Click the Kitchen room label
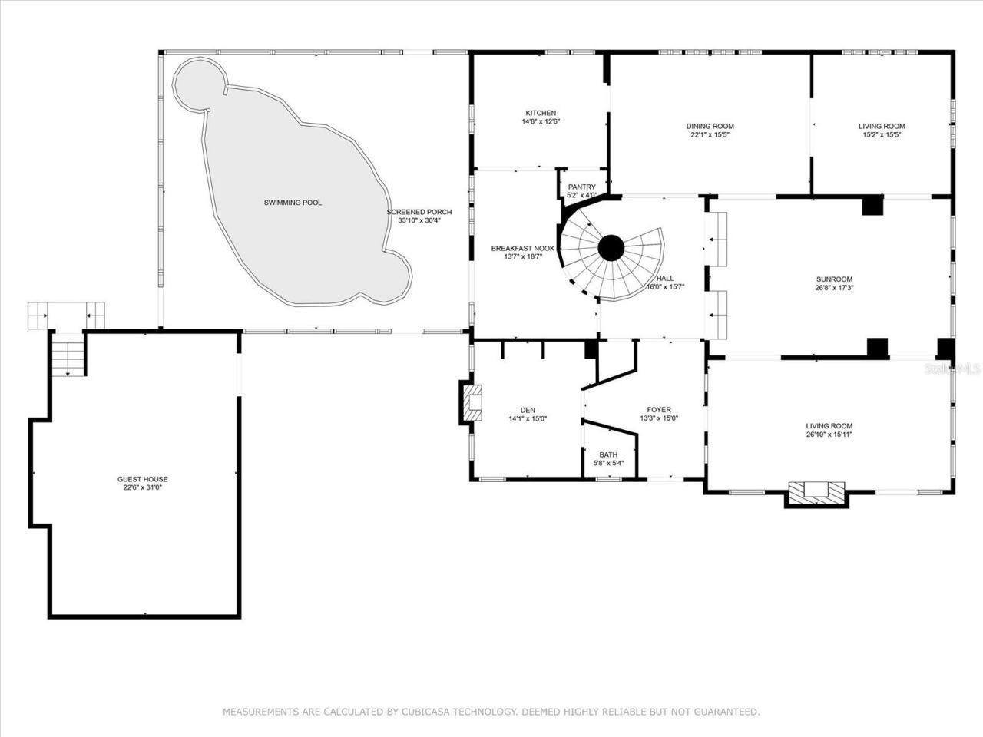pos(540,113)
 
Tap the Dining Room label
pos(710,127)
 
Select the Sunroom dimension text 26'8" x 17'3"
pos(834,288)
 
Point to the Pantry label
pos(581,187)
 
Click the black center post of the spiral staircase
pos(611,248)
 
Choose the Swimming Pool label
pos(293,203)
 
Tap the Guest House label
pos(142,479)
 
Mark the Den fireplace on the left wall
pos(472,402)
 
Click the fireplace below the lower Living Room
pos(816,493)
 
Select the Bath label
pos(608,454)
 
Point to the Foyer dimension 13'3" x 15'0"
pos(659,418)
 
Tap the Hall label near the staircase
pos(665,279)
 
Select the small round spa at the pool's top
pos(199,83)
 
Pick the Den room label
pos(527,410)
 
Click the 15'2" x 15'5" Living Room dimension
pos(882,134)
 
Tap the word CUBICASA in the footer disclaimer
pos(426,712)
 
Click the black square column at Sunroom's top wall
pos(872,205)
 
